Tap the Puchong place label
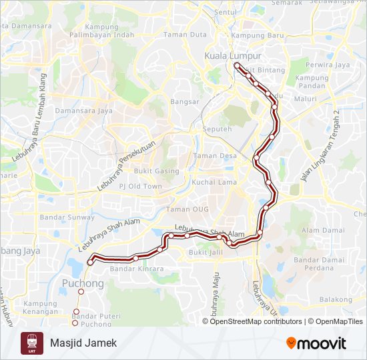[x=83, y=283]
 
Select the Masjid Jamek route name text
[x=83, y=343]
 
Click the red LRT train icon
[x=32, y=343]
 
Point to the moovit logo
[x=316, y=343]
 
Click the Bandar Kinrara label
[x=136, y=269]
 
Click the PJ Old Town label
[x=141, y=186]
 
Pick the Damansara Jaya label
[x=84, y=110]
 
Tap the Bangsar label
[x=185, y=101]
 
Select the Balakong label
[x=336, y=300]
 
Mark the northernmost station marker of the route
[x=237, y=65]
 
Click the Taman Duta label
[x=185, y=34]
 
